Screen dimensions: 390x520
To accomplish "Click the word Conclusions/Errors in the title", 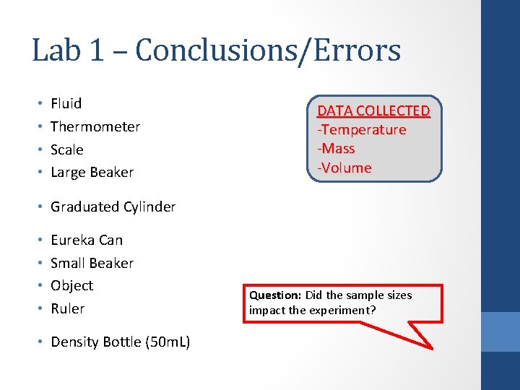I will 268,51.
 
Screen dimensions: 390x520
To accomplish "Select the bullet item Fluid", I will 66,103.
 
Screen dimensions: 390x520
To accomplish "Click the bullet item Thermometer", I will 95,126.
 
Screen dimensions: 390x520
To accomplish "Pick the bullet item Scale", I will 66,149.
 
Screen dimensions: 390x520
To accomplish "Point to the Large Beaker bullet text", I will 92,172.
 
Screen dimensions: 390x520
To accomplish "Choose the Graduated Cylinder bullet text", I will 113,207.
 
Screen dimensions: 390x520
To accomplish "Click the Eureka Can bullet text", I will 87,240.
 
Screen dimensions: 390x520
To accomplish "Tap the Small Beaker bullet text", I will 92,263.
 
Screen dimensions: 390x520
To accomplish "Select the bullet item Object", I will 71,285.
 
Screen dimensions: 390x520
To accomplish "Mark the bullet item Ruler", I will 67,308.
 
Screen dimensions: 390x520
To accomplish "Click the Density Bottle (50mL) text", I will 120,342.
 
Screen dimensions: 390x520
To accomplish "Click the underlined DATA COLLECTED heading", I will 373,110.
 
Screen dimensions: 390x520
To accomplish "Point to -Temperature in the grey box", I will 362,130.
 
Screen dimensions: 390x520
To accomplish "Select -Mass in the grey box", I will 337,149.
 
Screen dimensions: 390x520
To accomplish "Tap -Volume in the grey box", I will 344,168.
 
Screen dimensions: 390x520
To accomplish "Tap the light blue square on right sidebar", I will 500,331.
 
